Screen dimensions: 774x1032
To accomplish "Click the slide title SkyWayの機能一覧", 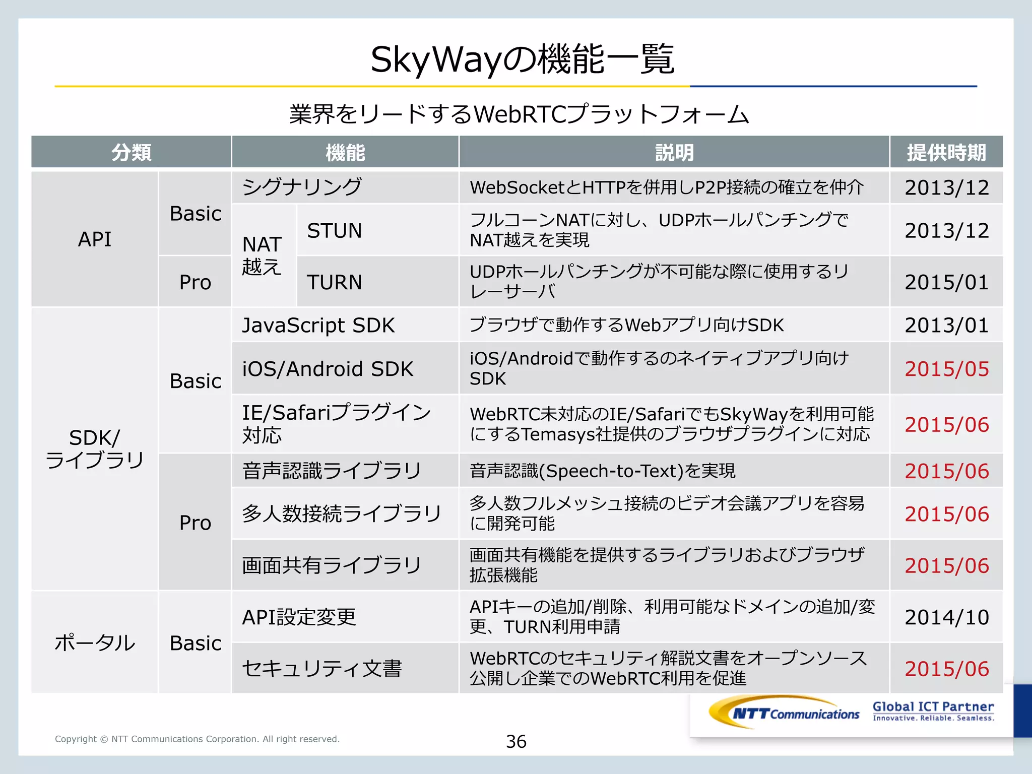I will click(522, 59).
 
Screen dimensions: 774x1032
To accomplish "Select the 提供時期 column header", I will click(946, 152).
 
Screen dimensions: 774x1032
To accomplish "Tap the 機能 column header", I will click(345, 152).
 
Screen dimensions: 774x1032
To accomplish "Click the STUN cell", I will click(335, 231).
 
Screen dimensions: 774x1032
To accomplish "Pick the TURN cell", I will click(335, 282).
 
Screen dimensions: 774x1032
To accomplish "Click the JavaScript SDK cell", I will click(318, 326).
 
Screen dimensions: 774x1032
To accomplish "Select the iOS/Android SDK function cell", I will click(328, 369).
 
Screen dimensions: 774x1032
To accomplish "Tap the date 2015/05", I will click(946, 369).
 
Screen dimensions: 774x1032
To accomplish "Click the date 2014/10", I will click(946, 617).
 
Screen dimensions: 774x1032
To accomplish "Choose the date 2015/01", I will click(946, 282).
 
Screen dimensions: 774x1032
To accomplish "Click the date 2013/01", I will click(946, 326).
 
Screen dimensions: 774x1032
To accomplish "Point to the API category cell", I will click(95, 239).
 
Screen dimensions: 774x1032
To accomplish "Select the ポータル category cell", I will click(95, 643).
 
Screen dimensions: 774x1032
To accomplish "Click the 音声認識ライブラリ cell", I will click(332, 471).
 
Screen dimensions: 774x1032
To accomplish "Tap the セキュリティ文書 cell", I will click(321, 669).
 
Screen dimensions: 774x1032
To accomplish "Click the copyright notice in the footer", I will click(197, 739).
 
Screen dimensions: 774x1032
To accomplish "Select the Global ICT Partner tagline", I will click(933, 711).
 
